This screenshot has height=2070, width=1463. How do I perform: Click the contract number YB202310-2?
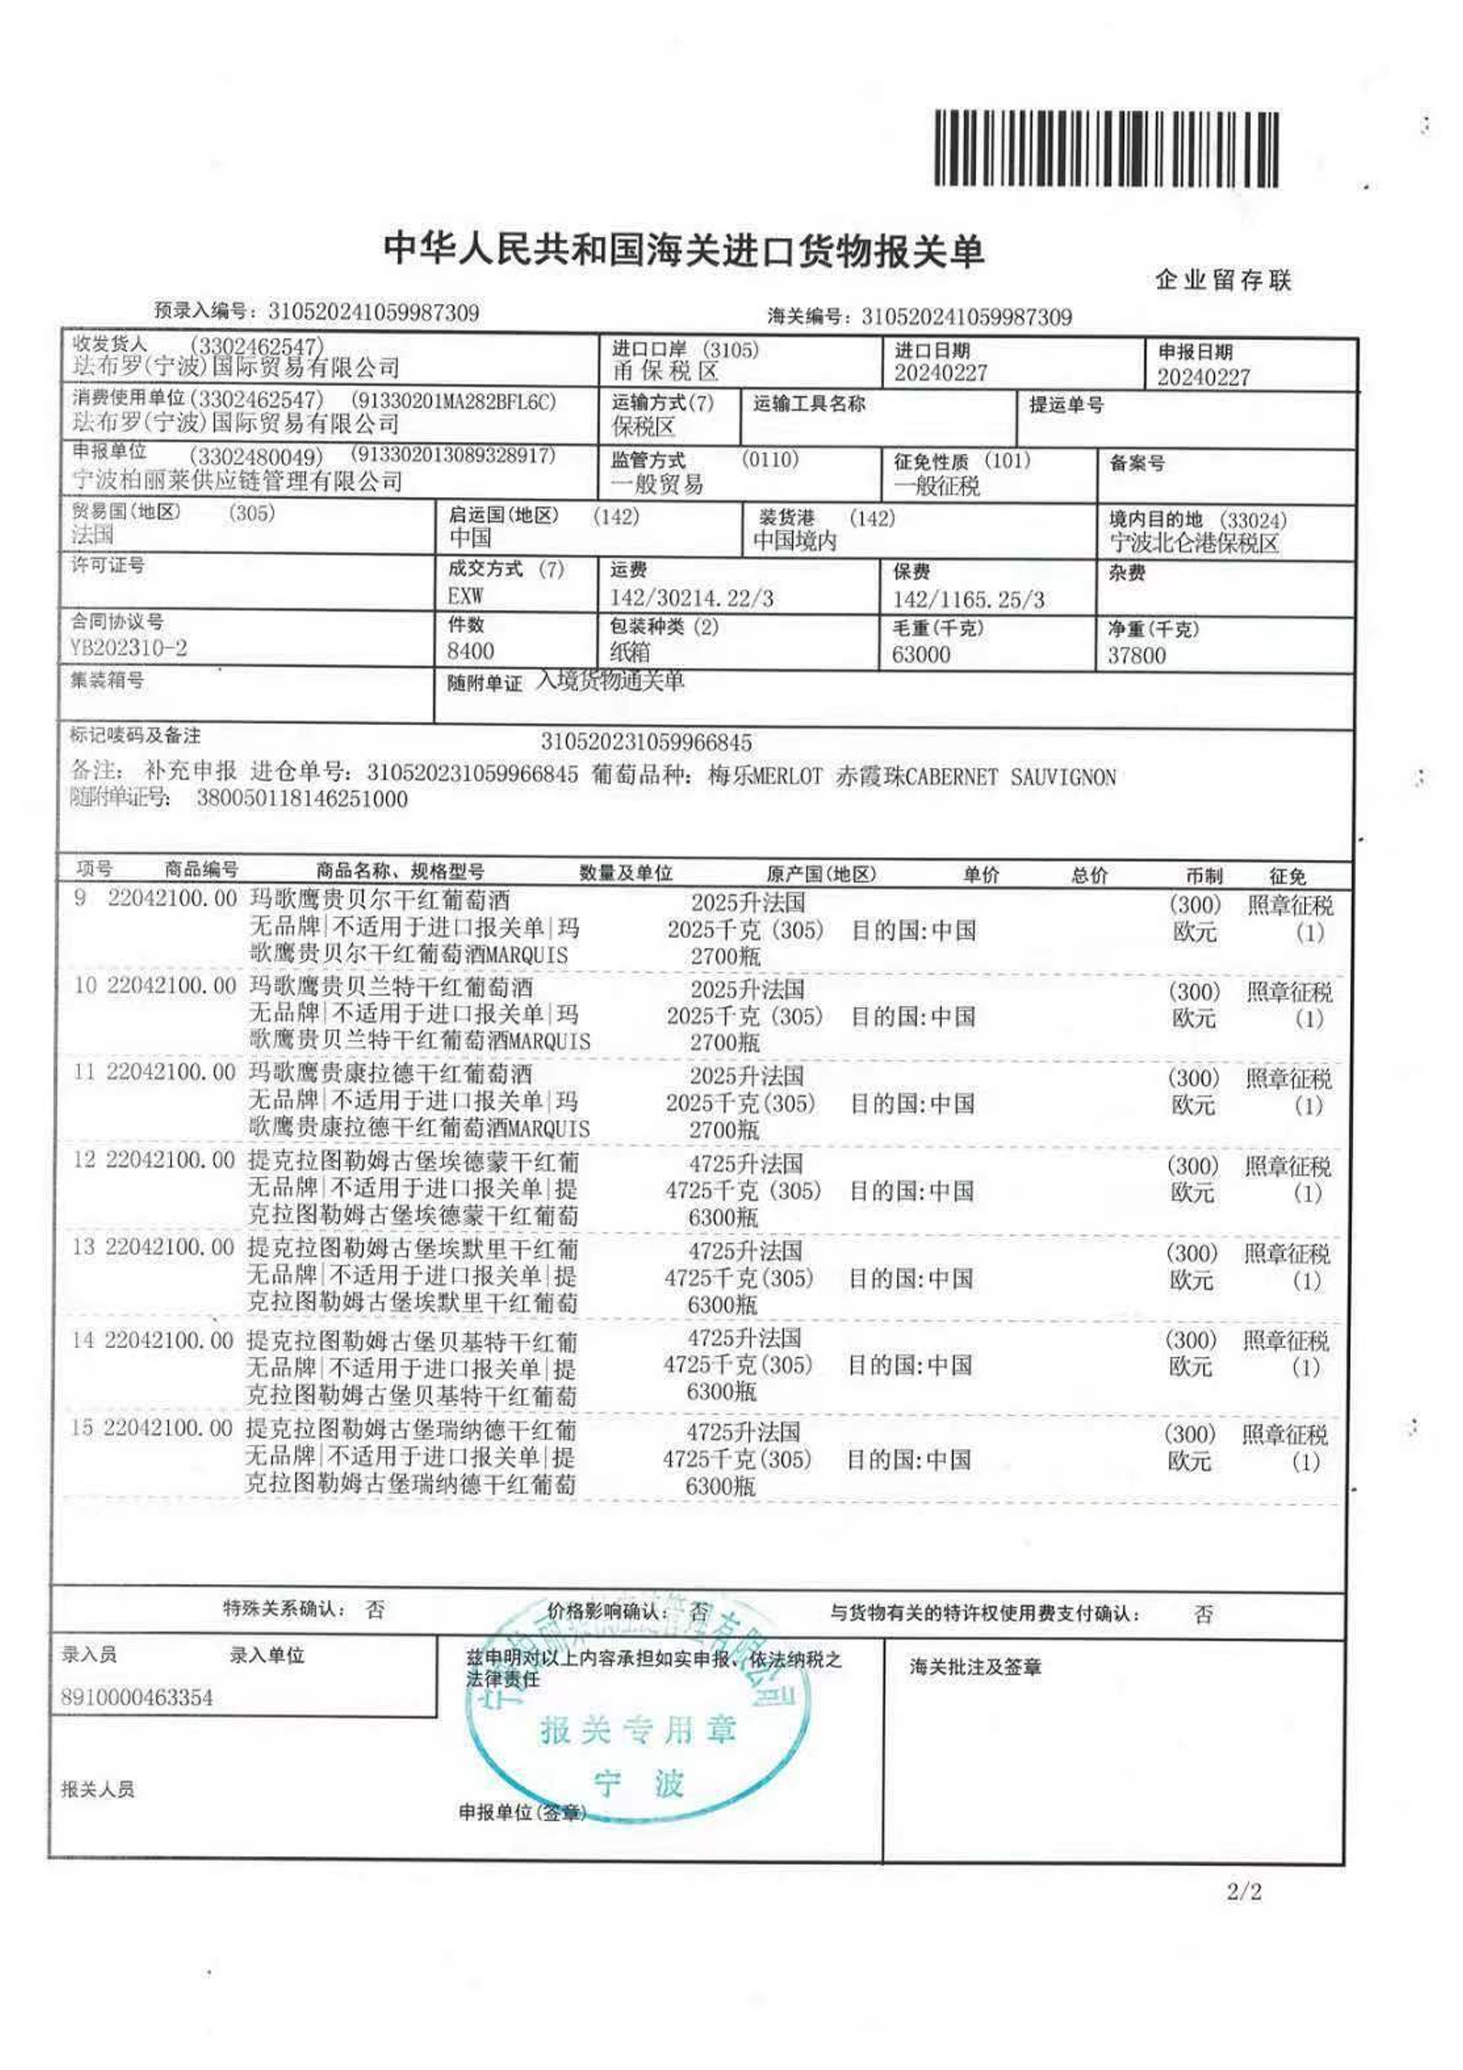pos(129,647)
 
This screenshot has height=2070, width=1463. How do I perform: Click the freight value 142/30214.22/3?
pos(691,598)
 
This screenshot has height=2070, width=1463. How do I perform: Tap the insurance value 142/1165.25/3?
pos(968,600)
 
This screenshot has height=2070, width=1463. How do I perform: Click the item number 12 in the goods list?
pos(84,1160)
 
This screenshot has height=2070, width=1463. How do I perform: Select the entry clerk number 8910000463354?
pos(137,1698)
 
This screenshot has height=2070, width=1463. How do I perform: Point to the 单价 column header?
pos(981,874)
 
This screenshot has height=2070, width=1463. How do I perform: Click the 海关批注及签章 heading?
pos(975,1667)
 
